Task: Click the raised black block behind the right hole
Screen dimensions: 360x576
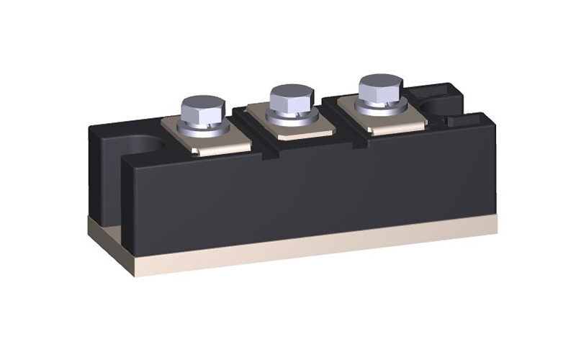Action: click(x=432, y=89)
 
